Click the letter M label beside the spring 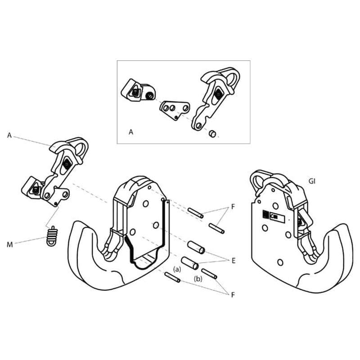9,245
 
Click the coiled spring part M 52,236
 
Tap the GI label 312,181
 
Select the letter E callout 234,261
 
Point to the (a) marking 177,269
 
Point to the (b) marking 198,279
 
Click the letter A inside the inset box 131,132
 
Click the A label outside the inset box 9,135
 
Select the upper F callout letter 233,207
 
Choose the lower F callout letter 233,295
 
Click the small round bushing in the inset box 212,133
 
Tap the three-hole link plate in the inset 175,110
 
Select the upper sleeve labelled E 196,247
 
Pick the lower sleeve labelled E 190,263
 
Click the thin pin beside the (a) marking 172,277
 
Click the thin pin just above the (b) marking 209,274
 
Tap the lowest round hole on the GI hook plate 280,262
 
